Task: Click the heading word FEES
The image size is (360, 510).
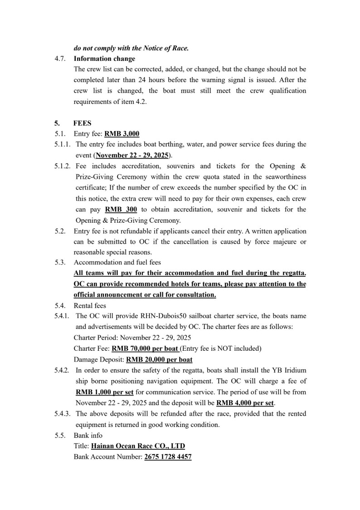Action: [x=82, y=123]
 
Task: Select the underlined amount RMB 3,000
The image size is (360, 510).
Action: [x=122, y=134]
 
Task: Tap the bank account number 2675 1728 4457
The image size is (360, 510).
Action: [x=168, y=457]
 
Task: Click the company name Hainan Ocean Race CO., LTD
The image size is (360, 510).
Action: [x=138, y=446]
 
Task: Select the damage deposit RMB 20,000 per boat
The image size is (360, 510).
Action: [x=159, y=359]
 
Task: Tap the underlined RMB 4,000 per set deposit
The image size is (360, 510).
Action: [x=246, y=402]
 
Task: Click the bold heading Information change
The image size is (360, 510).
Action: [x=104, y=59]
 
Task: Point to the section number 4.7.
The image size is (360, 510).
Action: [x=61, y=59]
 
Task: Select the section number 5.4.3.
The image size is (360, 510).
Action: [x=63, y=413]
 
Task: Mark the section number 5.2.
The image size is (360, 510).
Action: [x=61, y=231]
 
